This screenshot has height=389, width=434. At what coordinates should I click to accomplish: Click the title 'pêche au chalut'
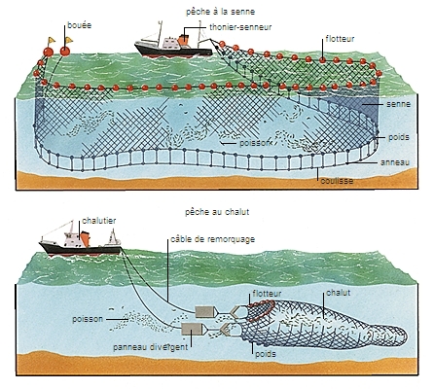pyautogui.click(x=215, y=209)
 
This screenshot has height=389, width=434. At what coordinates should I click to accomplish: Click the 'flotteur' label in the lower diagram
pyautogui.click(x=268, y=292)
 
